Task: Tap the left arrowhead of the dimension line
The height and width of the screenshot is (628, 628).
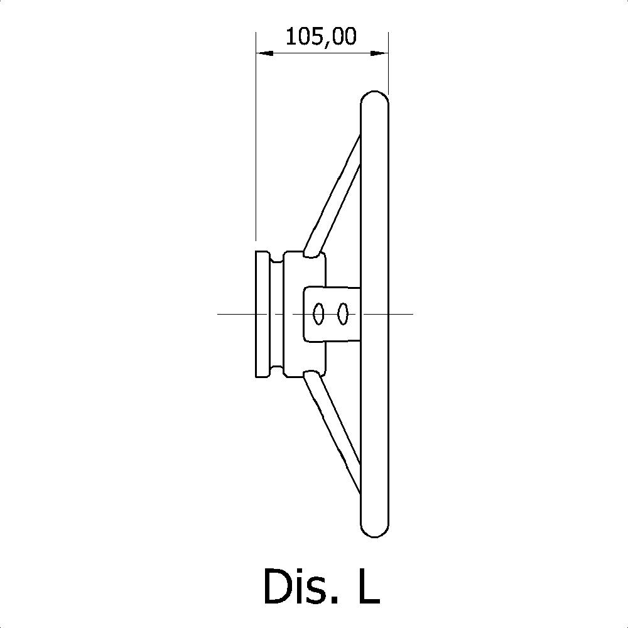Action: [265, 53]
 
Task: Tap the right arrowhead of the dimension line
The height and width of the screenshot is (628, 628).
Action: [379, 53]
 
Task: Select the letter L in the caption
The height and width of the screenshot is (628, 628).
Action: [369, 585]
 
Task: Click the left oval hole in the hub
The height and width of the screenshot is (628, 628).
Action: [318, 314]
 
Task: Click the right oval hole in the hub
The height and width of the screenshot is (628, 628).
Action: [343, 314]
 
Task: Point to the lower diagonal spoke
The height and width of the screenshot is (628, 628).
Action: [332, 433]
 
